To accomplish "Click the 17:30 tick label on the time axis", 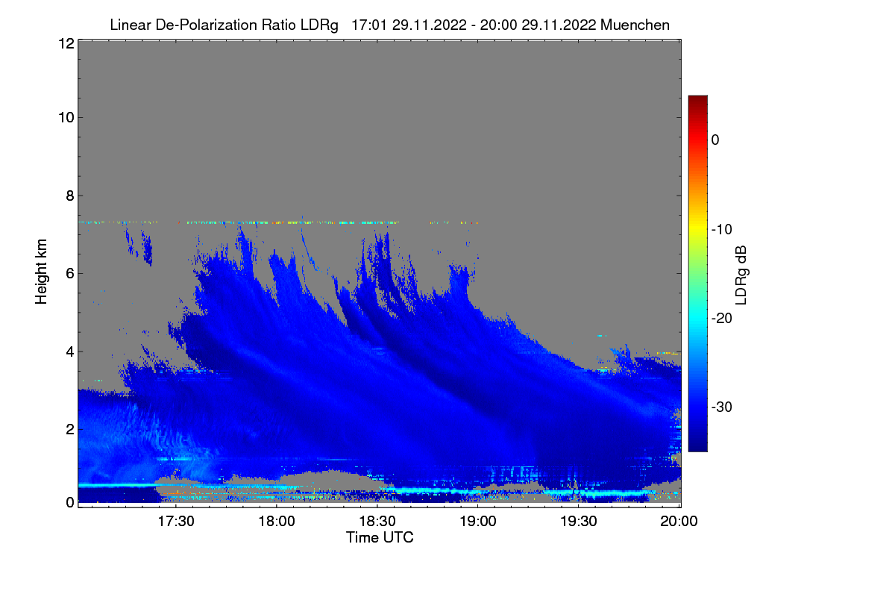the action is click(176, 521).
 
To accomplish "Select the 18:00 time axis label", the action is click(277, 521).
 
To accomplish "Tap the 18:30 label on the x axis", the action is click(377, 521).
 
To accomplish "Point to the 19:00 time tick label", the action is click(478, 521).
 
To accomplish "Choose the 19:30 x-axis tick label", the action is click(579, 521).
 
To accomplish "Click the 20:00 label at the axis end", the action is click(679, 521).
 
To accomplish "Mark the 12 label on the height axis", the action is click(66, 43).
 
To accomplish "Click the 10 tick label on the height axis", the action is click(66, 118).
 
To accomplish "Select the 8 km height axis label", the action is click(70, 196).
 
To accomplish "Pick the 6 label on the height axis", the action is click(70, 274).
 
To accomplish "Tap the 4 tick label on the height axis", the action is click(70, 352).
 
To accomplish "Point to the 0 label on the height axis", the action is click(70, 502).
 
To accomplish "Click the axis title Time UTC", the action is click(380, 537).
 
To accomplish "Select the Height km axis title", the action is click(41, 272).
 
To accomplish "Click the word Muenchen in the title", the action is click(635, 25).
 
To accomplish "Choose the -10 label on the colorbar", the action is click(722, 230).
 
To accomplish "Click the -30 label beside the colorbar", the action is click(722, 407).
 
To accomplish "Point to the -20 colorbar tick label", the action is click(722, 319).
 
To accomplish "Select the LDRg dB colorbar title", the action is click(741, 275).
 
